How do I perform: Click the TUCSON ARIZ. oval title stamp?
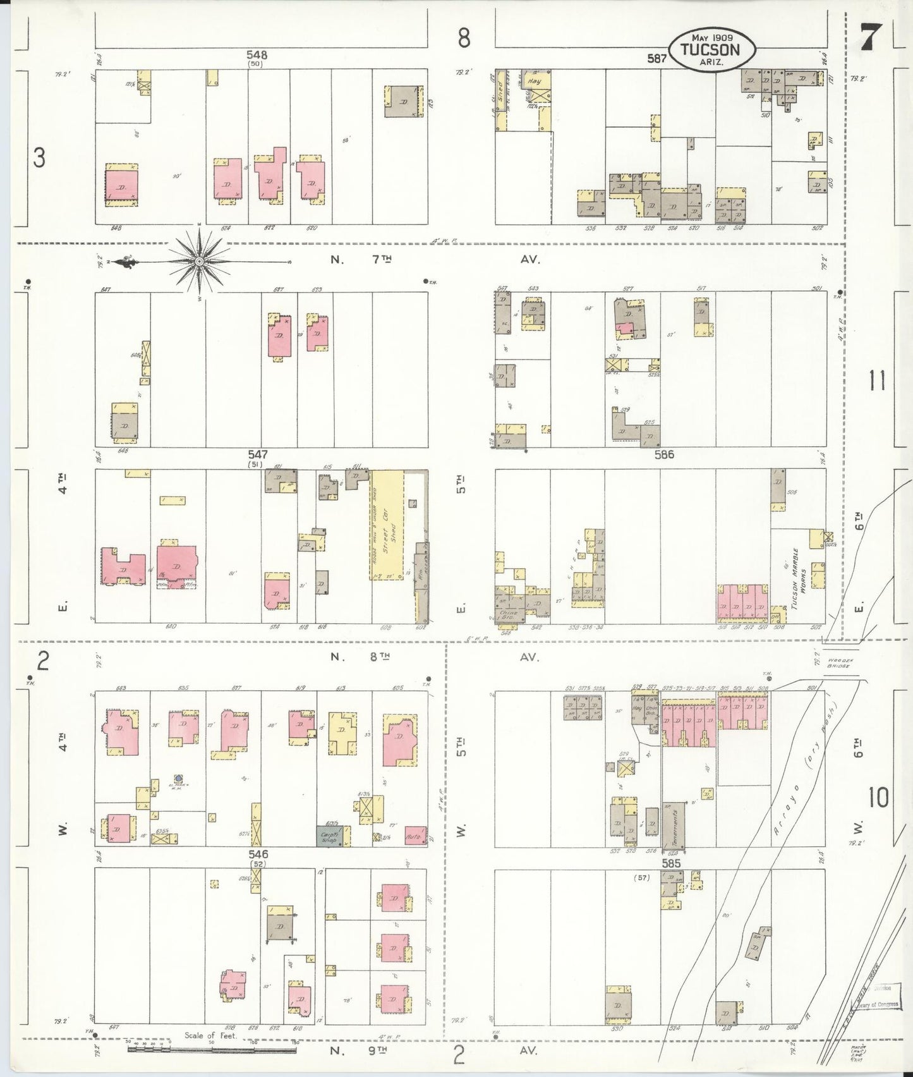pos(712,47)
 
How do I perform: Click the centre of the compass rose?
pos(199,261)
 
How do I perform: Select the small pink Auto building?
pos(415,835)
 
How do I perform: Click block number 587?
pos(657,59)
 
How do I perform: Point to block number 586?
pos(665,454)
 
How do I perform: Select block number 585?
pos(670,861)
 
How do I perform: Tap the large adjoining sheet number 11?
pos(878,382)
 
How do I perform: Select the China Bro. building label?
pos(508,613)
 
